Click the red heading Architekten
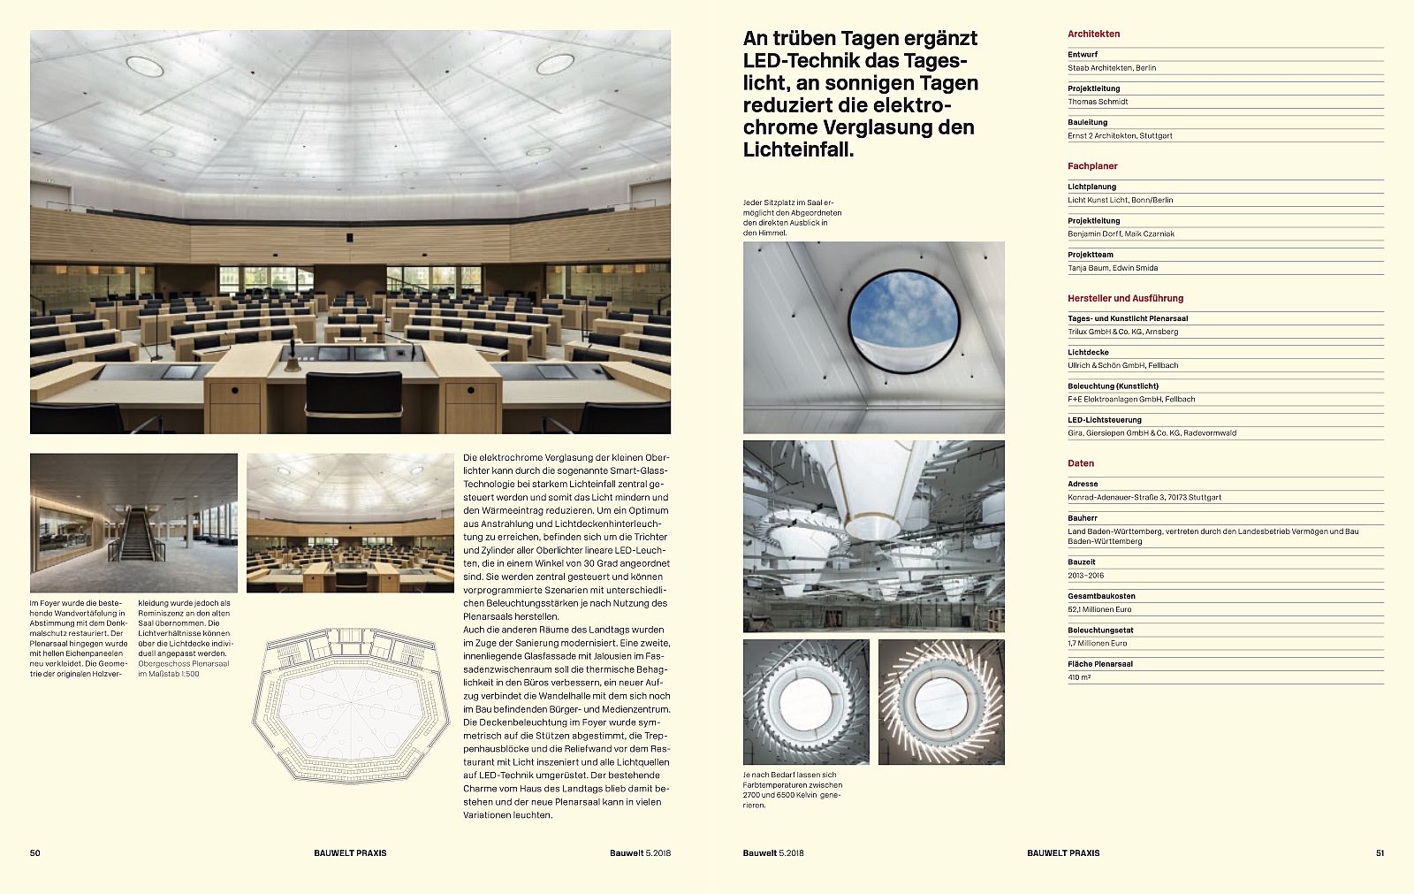[1093, 34]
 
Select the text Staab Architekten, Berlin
[1111, 68]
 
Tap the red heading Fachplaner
[1092, 166]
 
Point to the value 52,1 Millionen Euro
[1099, 609]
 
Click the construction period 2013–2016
[1085, 576]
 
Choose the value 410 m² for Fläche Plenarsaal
[1079, 677]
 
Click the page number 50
[35, 853]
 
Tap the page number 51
[1380, 853]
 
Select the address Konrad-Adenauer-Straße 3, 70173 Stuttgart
[1144, 498]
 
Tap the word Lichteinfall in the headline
[798, 149]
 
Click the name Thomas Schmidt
[1098, 102]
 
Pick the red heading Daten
[1081, 463]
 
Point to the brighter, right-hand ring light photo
[941, 702]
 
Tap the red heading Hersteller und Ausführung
[1125, 299]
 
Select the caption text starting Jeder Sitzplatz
[792, 218]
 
